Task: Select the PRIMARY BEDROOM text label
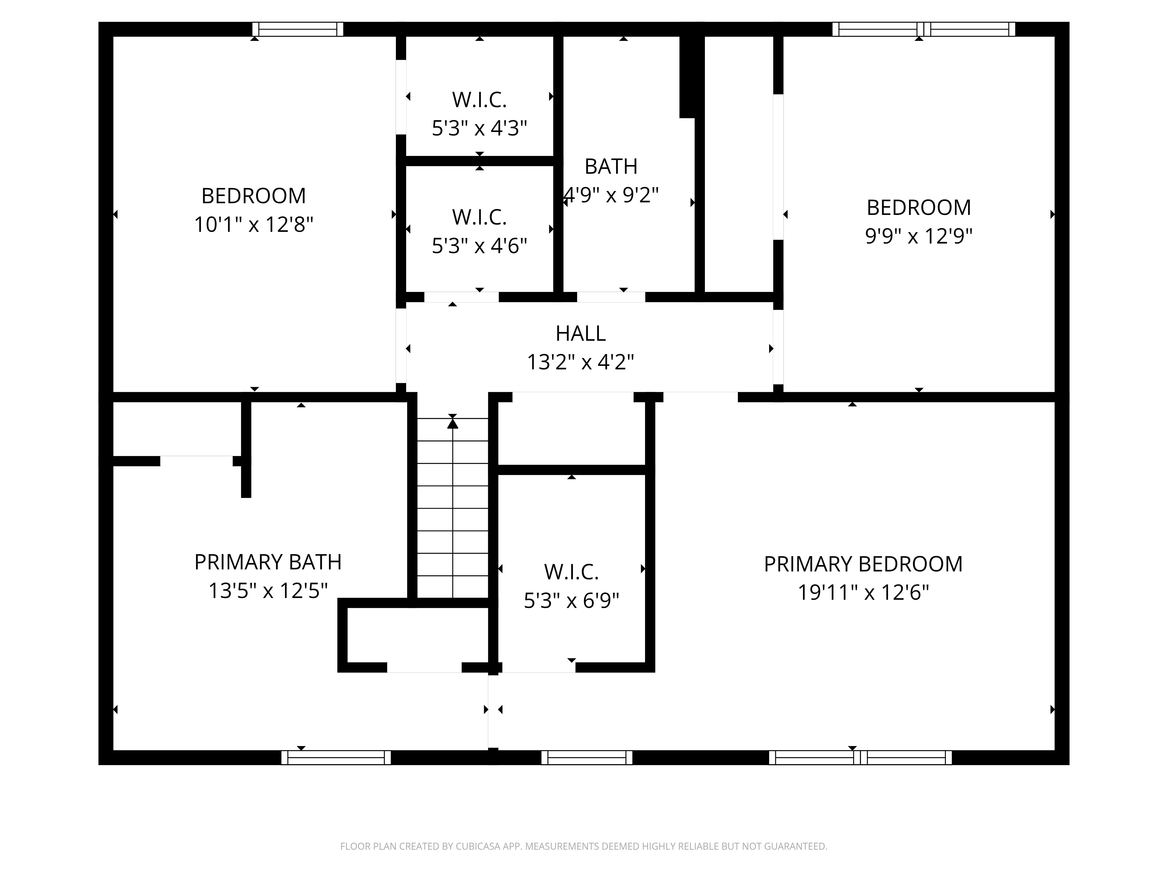point(863,564)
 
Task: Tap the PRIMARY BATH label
point(268,562)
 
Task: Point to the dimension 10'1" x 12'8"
point(253,225)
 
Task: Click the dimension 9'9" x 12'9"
point(918,236)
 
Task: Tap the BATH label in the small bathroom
point(611,167)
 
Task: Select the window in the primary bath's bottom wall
point(336,757)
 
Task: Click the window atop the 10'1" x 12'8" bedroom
point(298,29)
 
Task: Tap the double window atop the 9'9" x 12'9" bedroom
point(924,29)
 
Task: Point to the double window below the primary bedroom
point(860,757)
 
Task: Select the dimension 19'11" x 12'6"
point(863,592)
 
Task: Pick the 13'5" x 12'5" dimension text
point(268,590)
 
